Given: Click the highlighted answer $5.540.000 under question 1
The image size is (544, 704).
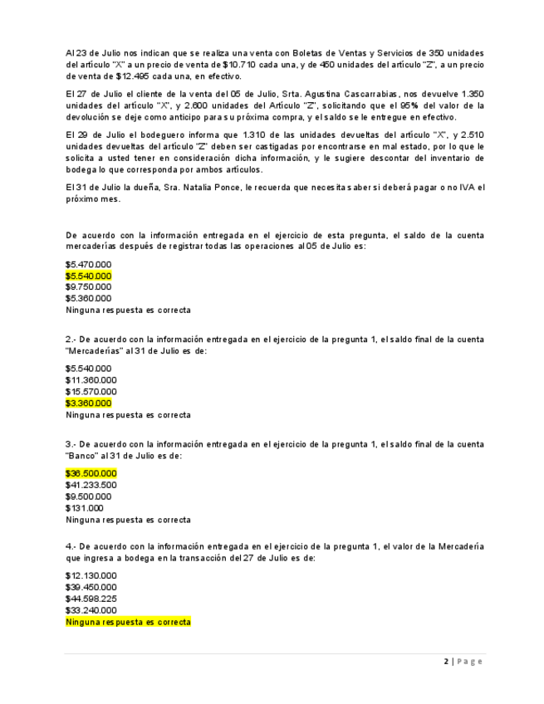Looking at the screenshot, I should click(x=88, y=276).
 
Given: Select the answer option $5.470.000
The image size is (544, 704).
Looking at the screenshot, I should click(x=88, y=264).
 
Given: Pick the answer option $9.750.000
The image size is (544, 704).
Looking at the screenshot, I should click(x=88, y=287).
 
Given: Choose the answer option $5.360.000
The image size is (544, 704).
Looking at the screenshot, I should click(x=88, y=298).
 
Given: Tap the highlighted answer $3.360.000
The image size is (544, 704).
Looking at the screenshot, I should click(x=88, y=403).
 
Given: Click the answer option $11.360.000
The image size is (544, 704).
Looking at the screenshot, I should click(x=91, y=380).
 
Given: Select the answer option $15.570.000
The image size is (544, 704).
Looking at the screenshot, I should click(x=91, y=392).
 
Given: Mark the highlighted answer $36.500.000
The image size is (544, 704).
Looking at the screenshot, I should click(x=91, y=473).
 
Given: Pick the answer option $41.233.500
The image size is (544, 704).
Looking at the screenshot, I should click(x=91, y=485).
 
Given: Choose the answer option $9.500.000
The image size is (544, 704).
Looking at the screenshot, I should click(x=88, y=496).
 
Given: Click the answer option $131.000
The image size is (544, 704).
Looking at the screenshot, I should click(x=84, y=508).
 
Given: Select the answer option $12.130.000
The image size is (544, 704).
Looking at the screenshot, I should click(x=91, y=575).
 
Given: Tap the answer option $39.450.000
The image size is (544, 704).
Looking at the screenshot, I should click(x=91, y=587).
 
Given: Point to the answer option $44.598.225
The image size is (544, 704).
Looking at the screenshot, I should click(x=91, y=599).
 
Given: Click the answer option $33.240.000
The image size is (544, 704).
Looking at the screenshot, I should click(x=91, y=610).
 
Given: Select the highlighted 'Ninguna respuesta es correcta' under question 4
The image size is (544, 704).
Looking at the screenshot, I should click(x=128, y=622).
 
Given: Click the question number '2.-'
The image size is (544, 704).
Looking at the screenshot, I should click(x=71, y=340).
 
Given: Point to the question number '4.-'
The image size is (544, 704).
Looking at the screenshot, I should click(x=71, y=546).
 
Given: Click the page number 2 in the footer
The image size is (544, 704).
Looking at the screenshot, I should click(x=446, y=662).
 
